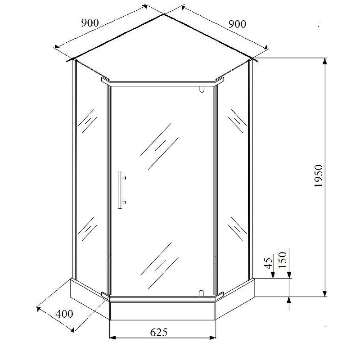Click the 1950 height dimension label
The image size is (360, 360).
(319, 176)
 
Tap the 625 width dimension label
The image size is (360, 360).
(159, 332)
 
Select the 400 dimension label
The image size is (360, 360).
(64, 314)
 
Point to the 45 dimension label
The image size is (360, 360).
(268, 263)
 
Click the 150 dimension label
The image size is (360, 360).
(283, 260)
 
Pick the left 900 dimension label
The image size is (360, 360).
(90, 23)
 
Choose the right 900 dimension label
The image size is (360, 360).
(237, 24)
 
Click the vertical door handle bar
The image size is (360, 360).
(120, 190)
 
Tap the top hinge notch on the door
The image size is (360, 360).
(202, 89)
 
